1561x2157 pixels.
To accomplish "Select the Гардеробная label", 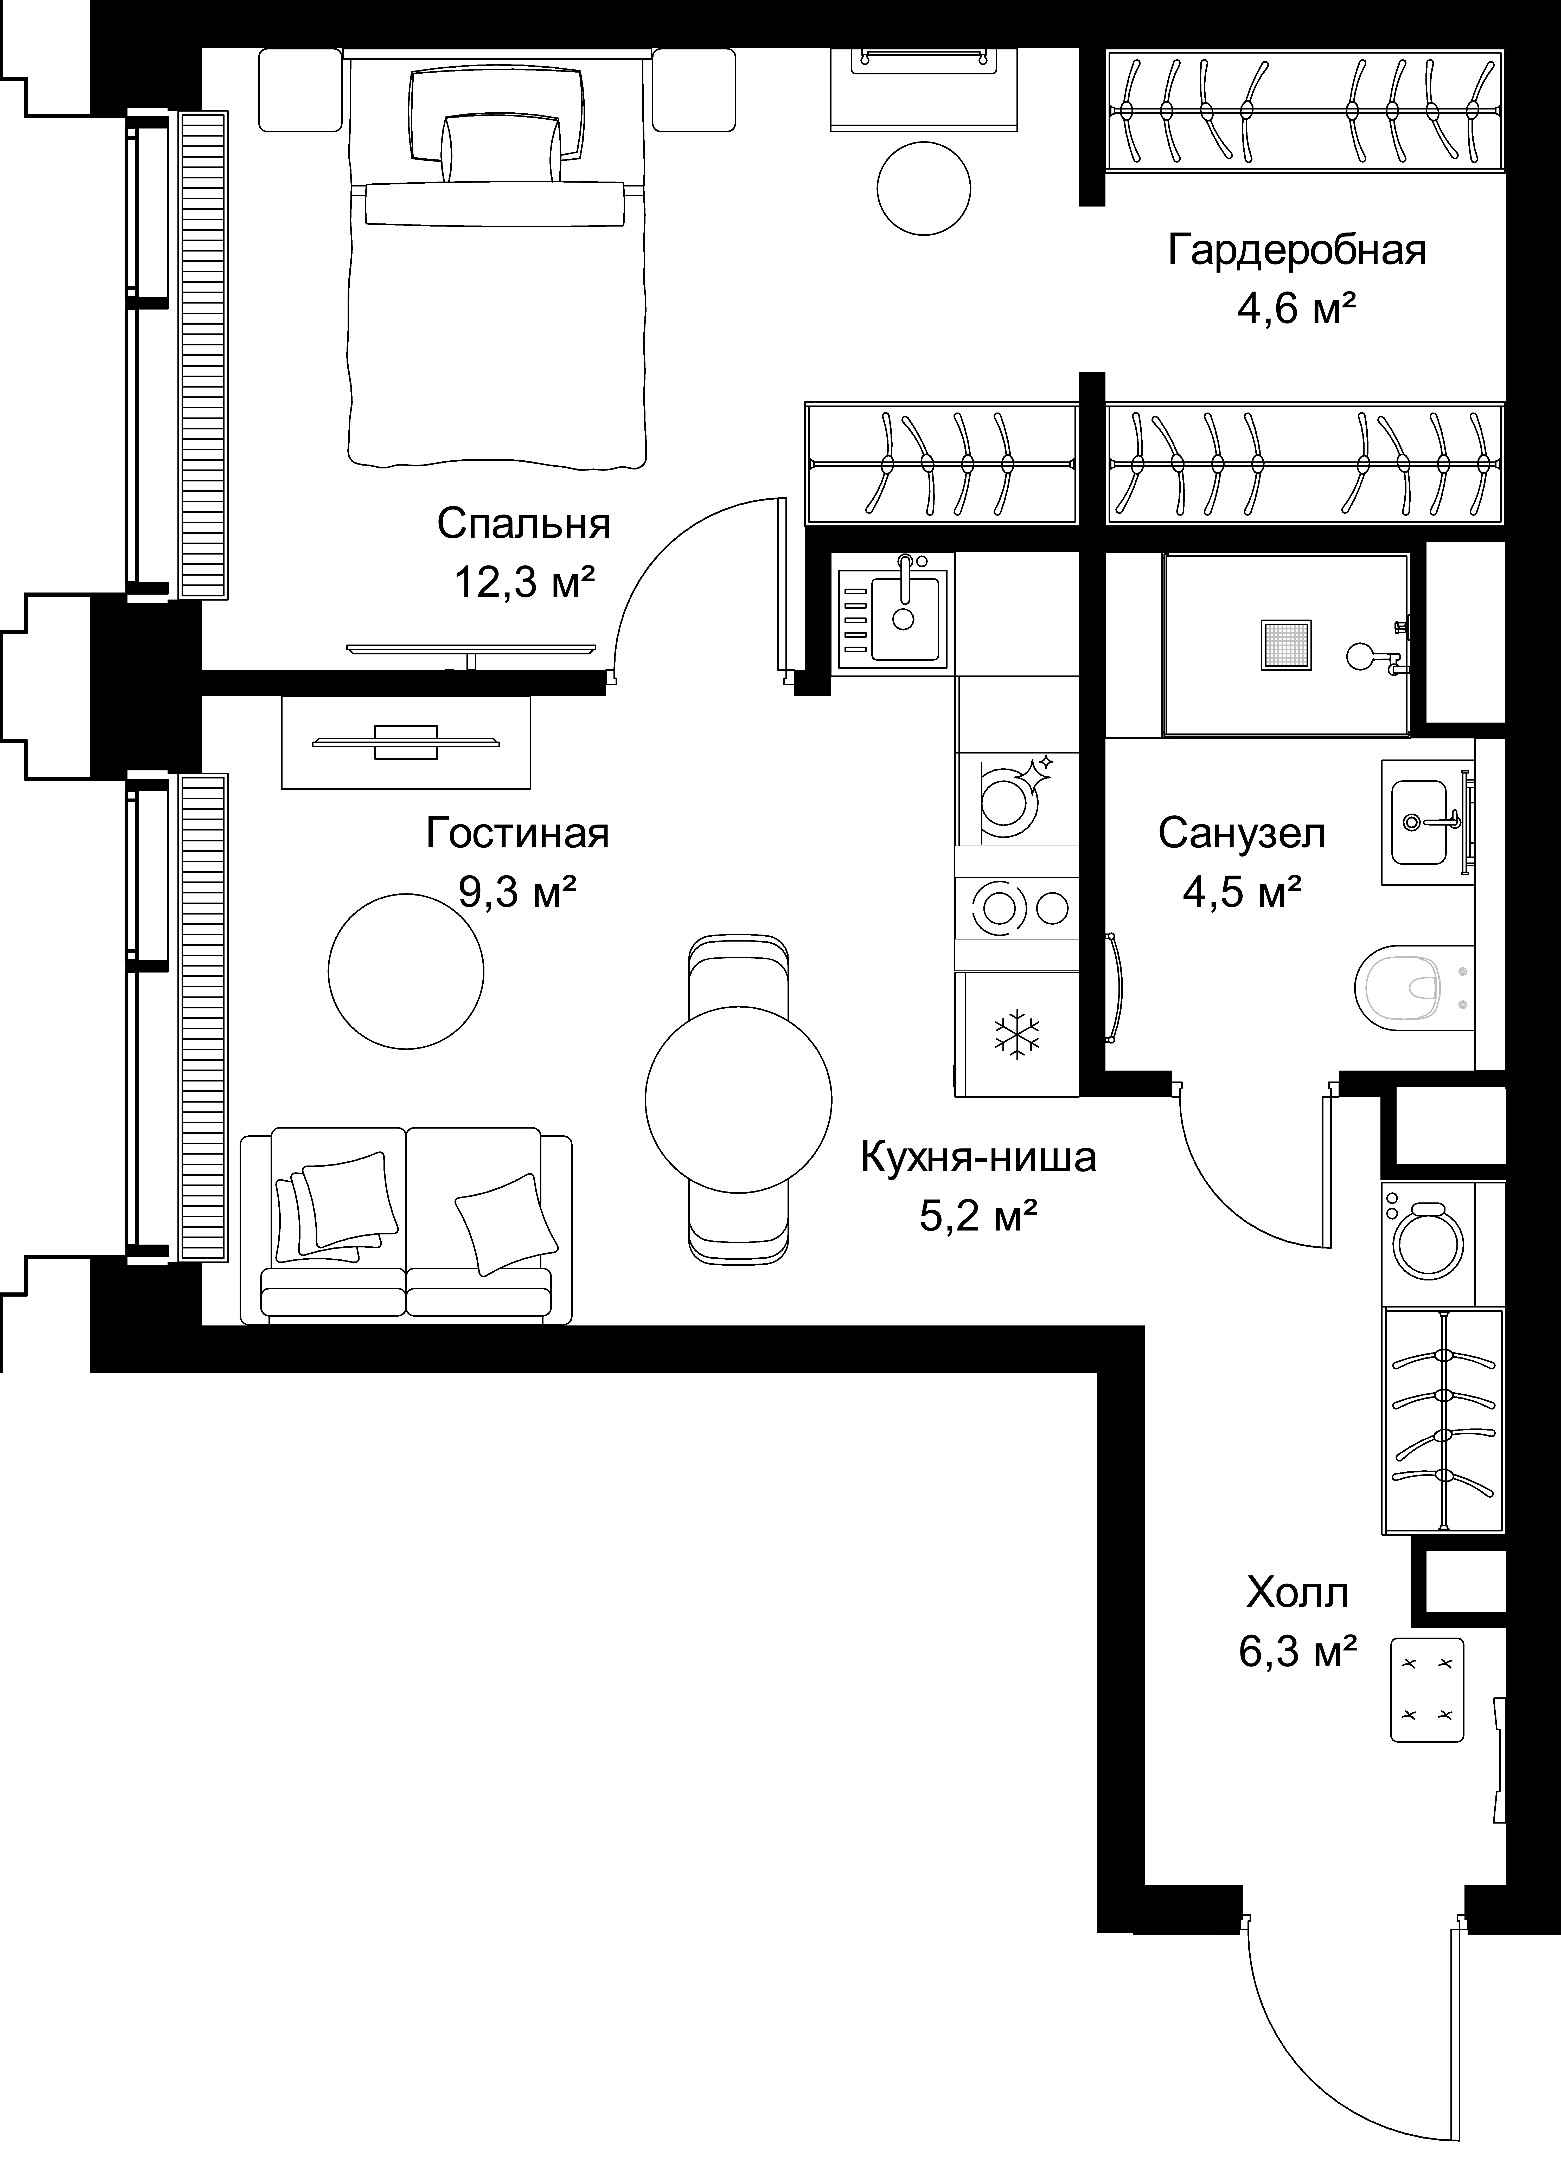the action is pyautogui.click(x=1297, y=251).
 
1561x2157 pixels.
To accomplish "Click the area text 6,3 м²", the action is pyautogui.click(x=1297, y=1652).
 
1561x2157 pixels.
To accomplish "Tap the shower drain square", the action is pyautogui.click(x=1286, y=645).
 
